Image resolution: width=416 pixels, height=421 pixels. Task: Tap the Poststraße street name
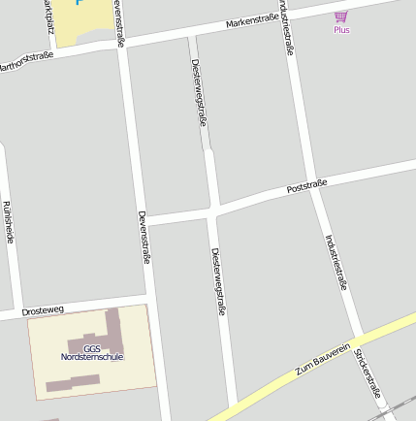coord(307,185)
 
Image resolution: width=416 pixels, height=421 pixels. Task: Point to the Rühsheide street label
coord(8,221)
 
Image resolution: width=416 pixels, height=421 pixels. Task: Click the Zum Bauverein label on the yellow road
coord(322,360)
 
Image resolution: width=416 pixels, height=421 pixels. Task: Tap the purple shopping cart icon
coord(340,16)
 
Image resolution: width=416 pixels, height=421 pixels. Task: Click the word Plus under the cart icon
coord(341,30)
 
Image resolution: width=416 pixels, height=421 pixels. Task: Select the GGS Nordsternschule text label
coord(92,353)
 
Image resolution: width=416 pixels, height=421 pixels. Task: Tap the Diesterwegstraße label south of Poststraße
coord(218,281)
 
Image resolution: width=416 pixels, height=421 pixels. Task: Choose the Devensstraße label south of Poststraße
coord(144,238)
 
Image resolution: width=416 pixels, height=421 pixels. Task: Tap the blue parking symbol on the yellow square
coord(80,3)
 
